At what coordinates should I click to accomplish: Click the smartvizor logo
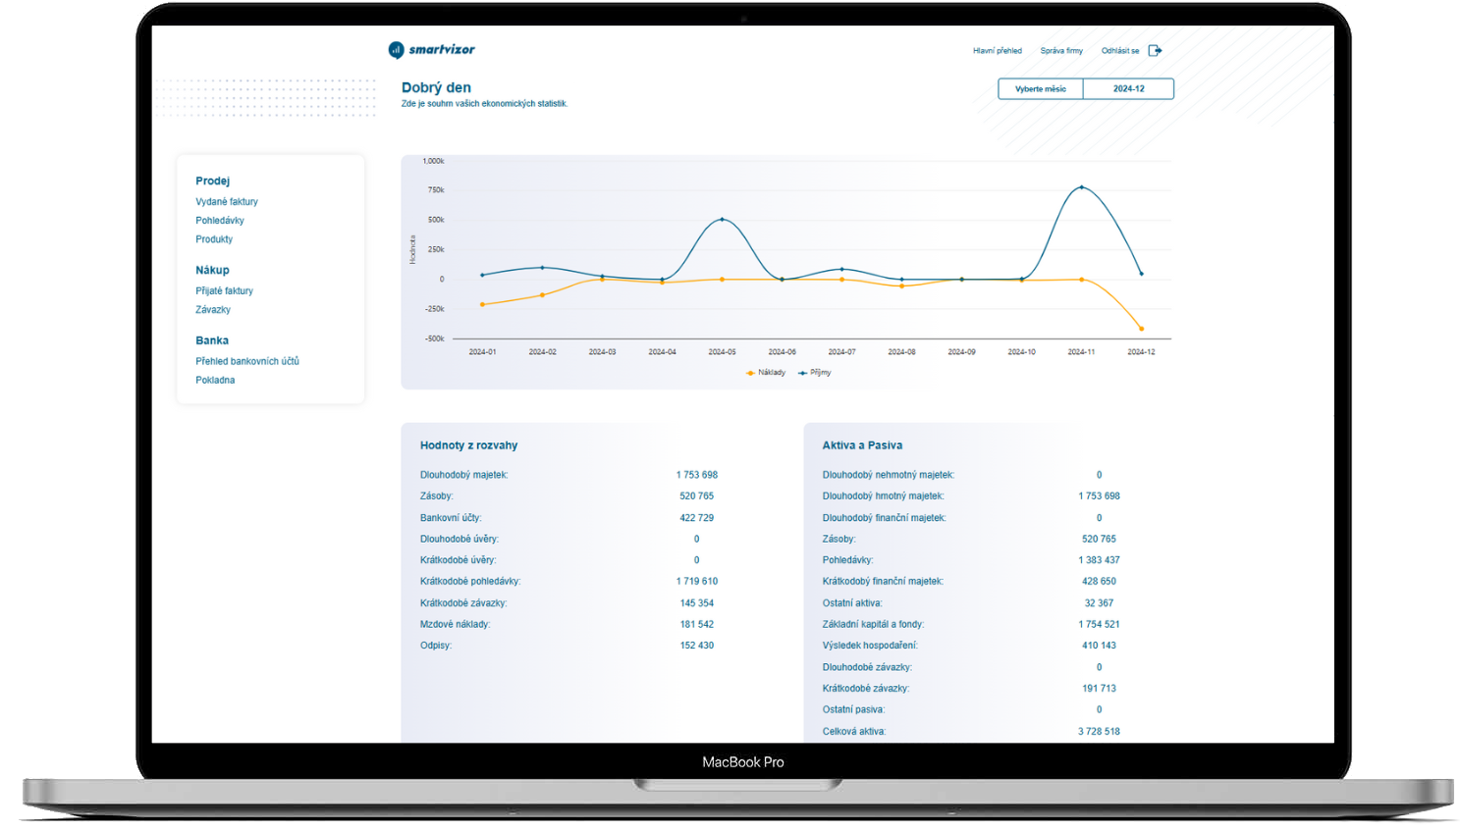tap(431, 50)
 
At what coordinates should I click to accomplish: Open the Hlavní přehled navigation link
tap(997, 51)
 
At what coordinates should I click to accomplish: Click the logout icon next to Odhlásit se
tap(1155, 51)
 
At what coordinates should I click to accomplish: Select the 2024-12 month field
tap(1128, 89)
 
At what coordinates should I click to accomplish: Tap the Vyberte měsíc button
tap(1040, 89)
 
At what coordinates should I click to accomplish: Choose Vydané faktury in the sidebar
tap(226, 202)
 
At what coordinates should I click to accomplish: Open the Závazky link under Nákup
tap(213, 310)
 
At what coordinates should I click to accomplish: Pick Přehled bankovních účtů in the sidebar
tap(246, 362)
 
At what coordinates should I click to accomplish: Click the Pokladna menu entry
tap(215, 381)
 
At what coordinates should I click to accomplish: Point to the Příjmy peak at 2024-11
tap(1081, 187)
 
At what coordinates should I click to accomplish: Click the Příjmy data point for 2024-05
tap(722, 220)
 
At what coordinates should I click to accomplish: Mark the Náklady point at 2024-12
tap(1141, 329)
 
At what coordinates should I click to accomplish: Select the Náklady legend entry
tap(766, 373)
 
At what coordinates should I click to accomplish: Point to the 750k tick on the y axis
tap(436, 190)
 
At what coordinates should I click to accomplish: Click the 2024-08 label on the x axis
tap(901, 352)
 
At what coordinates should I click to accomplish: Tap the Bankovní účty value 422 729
tap(696, 518)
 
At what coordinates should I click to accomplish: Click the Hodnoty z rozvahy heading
tap(468, 445)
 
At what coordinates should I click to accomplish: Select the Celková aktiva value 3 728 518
tap(1099, 732)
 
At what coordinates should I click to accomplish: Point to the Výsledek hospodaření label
tap(869, 646)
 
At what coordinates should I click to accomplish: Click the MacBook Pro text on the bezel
tap(742, 762)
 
